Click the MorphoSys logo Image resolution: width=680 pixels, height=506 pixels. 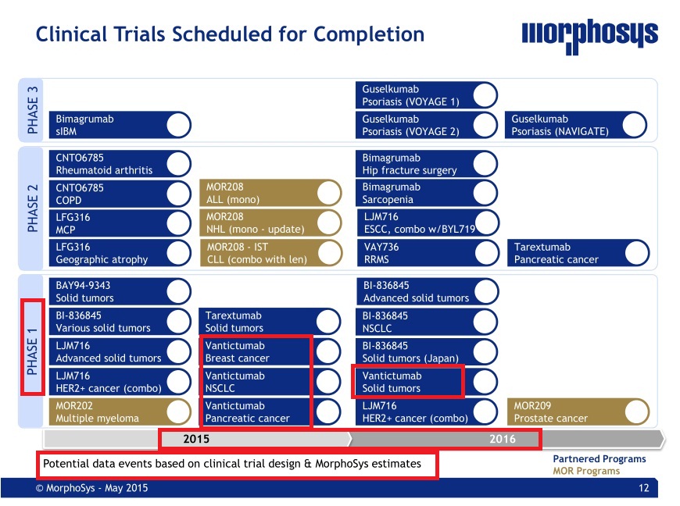(x=590, y=36)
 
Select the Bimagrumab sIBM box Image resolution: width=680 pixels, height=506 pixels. (x=120, y=125)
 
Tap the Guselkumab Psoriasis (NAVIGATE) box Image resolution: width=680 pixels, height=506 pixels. (x=576, y=125)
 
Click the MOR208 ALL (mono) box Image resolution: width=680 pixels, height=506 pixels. (x=270, y=193)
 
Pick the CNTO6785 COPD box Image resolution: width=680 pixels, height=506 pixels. (x=120, y=194)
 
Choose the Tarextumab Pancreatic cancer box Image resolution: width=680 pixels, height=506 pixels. (x=578, y=253)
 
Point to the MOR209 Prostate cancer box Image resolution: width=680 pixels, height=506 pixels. (x=578, y=412)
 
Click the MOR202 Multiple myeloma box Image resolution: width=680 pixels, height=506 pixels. (x=120, y=412)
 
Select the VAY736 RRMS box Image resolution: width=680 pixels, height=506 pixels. (x=428, y=253)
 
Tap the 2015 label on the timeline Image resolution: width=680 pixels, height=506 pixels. (x=196, y=439)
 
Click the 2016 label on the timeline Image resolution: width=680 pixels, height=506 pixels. (x=503, y=439)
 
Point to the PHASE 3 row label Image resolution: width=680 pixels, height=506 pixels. (x=33, y=110)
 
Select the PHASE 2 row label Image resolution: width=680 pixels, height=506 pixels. (x=33, y=208)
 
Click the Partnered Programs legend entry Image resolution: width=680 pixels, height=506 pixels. (x=599, y=459)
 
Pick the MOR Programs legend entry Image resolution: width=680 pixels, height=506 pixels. (x=586, y=471)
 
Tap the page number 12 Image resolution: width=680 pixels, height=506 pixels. (x=644, y=488)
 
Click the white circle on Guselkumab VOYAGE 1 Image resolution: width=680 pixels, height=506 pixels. (x=485, y=95)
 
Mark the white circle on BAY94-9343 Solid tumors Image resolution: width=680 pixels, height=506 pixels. (x=179, y=291)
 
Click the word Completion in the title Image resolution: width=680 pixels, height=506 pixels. (x=369, y=34)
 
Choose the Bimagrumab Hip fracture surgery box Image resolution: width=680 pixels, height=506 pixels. (x=427, y=164)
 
